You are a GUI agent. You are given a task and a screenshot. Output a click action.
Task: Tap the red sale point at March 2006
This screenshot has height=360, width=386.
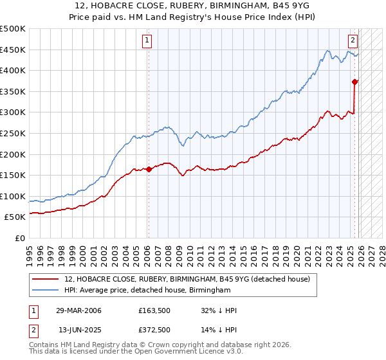tap(149, 170)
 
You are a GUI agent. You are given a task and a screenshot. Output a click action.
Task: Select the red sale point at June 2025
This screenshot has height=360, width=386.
tap(354, 82)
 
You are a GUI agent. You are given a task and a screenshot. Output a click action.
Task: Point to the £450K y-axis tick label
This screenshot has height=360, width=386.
tap(13, 50)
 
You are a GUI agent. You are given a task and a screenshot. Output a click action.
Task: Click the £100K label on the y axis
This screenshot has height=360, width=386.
tap(13, 196)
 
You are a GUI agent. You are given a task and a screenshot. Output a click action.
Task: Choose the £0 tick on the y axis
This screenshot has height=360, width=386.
tap(19, 238)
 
